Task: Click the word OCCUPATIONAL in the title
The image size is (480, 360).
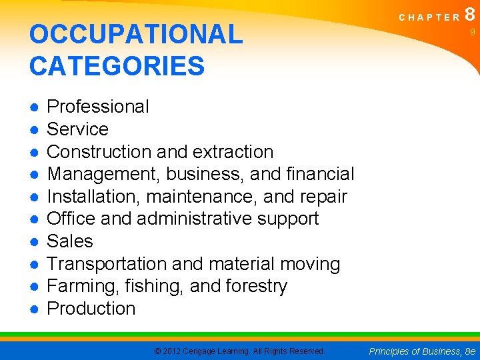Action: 136,35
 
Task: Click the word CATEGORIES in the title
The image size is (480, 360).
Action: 117,66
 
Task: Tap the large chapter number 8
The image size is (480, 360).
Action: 471,14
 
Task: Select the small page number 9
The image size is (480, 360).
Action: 471,32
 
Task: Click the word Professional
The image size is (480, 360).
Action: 98,107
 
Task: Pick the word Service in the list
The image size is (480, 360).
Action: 77,129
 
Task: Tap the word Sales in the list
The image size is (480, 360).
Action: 70,241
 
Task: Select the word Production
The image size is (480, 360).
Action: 91,309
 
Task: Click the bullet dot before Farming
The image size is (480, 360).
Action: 34,287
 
